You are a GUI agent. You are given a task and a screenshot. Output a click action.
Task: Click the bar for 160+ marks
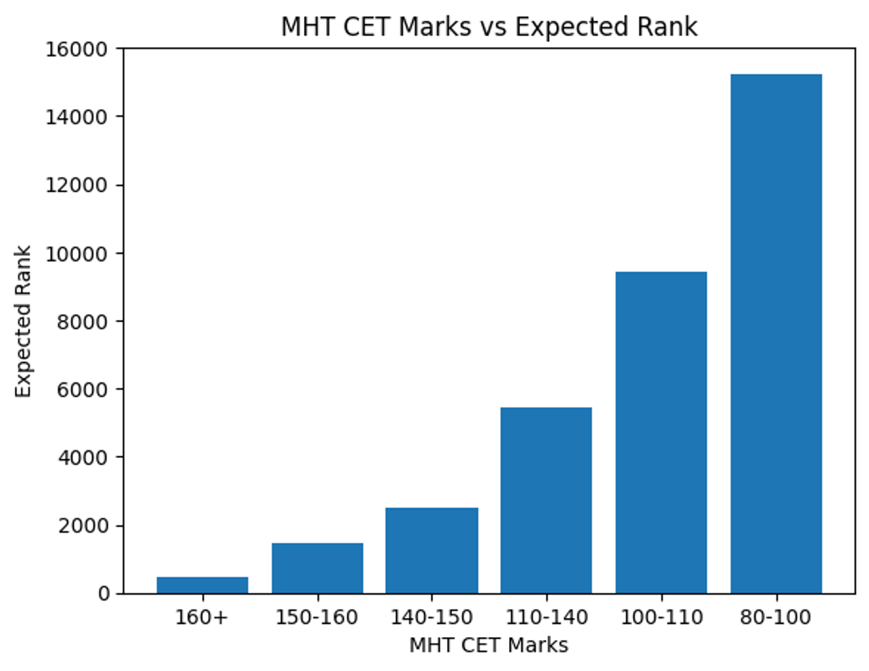202,585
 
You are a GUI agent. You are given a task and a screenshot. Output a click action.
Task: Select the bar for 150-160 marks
317,568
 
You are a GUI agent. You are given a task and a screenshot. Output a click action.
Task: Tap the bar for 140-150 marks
432,551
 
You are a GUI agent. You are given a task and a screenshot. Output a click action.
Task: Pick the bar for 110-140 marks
546,501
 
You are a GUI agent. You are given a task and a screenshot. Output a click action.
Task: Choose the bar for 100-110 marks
661,433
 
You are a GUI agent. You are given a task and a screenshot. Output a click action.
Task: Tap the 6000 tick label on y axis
83,389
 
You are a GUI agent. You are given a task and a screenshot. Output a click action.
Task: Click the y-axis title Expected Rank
24,321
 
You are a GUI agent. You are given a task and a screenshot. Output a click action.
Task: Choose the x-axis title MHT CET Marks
489,645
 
